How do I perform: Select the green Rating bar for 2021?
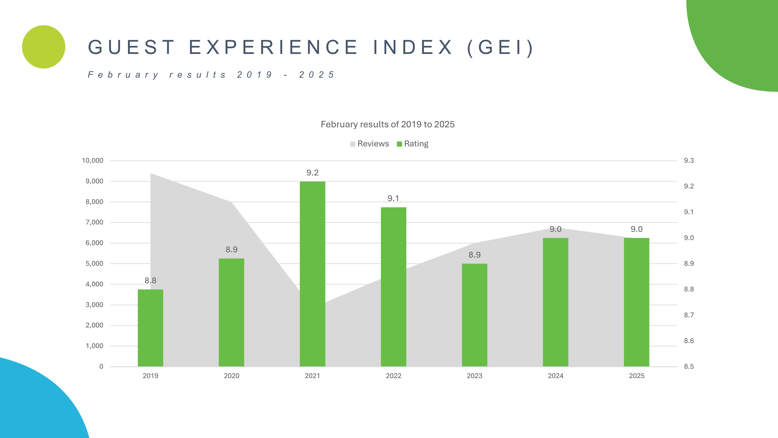(x=312, y=274)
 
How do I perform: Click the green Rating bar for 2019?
(x=150, y=328)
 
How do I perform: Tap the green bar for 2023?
(x=474, y=315)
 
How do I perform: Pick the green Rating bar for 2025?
(x=636, y=302)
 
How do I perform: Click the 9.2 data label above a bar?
(x=312, y=173)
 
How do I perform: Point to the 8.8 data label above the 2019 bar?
(x=150, y=281)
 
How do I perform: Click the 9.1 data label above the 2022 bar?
(x=393, y=198)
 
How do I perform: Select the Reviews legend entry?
(x=370, y=144)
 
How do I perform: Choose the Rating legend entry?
(x=413, y=144)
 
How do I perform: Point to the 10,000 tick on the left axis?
(x=92, y=161)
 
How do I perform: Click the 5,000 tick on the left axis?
(x=94, y=264)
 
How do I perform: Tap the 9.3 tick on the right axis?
(x=689, y=161)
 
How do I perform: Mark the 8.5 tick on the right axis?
(x=689, y=366)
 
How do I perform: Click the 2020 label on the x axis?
(x=231, y=376)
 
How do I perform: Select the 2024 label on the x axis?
(x=555, y=376)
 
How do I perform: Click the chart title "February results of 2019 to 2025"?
(x=387, y=124)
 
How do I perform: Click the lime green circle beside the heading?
(x=44, y=47)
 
